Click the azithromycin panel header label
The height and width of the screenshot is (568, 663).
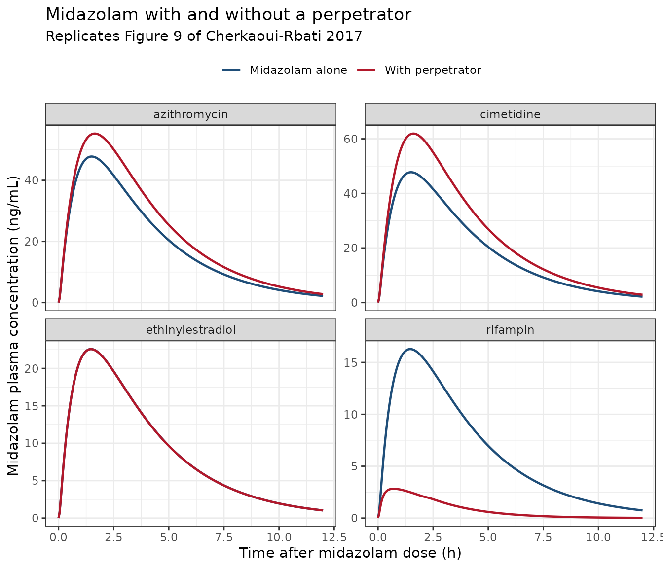click(x=190, y=114)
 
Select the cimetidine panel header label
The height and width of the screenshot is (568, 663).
click(x=510, y=114)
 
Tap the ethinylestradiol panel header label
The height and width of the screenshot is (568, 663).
click(x=190, y=330)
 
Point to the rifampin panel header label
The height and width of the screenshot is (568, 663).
click(x=510, y=330)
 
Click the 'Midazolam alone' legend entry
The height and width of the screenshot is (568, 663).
click(x=285, y=70)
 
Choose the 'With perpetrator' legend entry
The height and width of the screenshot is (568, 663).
click(x=419, y=70)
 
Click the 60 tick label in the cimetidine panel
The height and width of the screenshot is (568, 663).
click(x=350, y=139)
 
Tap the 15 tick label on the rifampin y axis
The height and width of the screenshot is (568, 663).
click(x=350, y=362)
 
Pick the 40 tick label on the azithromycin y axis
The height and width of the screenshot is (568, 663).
click(x=31, y=180)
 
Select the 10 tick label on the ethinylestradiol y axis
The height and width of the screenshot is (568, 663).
click(x=31, y=443)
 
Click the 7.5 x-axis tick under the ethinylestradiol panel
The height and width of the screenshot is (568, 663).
click(x=223, y=537)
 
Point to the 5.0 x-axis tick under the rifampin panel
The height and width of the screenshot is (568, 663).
click(x=488, y=537)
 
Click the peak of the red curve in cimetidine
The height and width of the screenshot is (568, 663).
click(x=413, y=133)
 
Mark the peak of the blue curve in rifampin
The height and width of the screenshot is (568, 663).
click(x=410, y=349)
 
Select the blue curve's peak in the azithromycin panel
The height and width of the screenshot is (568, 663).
click(x=92, y=156)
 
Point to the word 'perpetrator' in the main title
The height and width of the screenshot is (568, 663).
click(x=362, y=15)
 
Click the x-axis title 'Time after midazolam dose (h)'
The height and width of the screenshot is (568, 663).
click(x=350, y=553)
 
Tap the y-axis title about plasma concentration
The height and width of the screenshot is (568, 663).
click(x=13, y=325)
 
